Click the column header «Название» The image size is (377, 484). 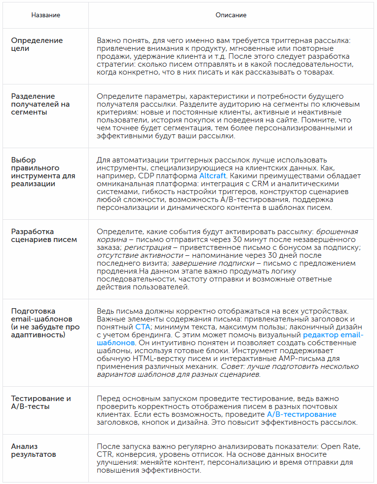(45, 15)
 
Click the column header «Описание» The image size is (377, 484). (231, 15)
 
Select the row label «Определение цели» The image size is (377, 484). (37, 44)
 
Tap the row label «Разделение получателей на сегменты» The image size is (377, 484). (40, 104)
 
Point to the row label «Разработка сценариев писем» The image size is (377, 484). (44, 236)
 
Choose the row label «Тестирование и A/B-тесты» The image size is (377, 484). (41, 402)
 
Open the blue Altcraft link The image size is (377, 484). (213, 176)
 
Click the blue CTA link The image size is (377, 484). (143, 327)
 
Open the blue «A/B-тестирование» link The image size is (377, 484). (302, 414)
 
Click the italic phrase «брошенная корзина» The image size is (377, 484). (337, 232)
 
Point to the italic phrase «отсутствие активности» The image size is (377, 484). (140, 255)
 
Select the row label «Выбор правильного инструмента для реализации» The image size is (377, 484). (43, 172)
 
